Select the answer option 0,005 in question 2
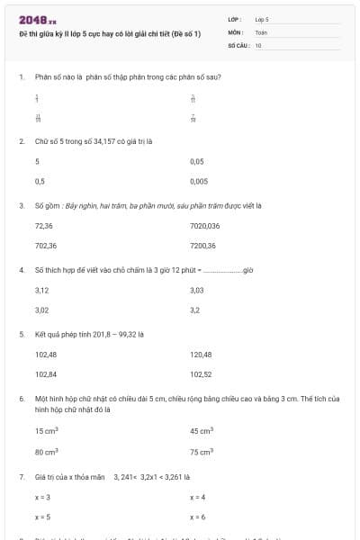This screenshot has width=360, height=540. (199, 181)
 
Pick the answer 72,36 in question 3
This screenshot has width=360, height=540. (43, 226)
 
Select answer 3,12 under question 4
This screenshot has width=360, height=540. (41, 291)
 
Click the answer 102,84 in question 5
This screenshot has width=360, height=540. (46, 373)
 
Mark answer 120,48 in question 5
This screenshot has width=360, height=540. (201, 355)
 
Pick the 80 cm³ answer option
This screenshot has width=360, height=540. (47, 451)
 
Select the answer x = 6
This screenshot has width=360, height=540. (198, 517)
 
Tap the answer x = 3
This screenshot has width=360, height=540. (42, 497)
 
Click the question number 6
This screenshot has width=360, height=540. (21, 397)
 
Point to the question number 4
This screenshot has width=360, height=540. (21, 269)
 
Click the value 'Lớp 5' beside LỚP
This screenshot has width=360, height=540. (262, 19)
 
